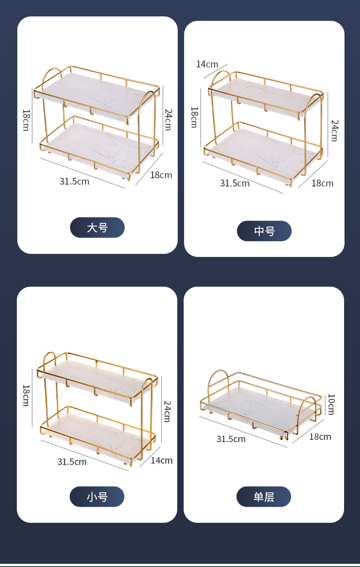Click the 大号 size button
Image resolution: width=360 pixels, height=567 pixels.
pos(97,227)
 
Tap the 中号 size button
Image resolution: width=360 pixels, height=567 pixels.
pos(264,231)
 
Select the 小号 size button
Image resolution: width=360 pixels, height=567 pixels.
pos(97,496)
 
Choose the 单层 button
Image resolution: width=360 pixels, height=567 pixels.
pos(263,496)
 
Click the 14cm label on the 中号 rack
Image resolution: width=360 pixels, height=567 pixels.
pos(207,64)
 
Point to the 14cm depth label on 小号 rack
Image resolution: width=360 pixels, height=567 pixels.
pos(161,460)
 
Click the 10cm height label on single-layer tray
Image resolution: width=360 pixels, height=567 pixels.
pos(331,404)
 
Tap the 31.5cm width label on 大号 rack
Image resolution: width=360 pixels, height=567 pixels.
pos(74,181)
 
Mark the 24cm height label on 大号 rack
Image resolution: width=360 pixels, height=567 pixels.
pos(168,119)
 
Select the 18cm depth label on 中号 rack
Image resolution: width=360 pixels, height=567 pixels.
pos(322,183)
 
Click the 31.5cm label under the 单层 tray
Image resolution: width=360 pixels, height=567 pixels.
pos(231,439)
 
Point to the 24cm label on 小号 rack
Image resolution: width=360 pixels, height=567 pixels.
pos(167,411)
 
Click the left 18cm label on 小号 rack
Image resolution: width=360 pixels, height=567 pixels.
pos(26,396)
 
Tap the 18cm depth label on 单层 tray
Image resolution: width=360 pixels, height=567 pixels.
pos(320,437)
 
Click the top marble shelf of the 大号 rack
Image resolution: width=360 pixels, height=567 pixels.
pos(91,94)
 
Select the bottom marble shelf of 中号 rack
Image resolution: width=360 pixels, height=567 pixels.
pos(260,153)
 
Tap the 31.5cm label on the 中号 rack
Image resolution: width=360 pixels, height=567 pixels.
pos(235,183)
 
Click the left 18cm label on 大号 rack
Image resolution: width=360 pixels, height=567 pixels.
pos(26,120)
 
